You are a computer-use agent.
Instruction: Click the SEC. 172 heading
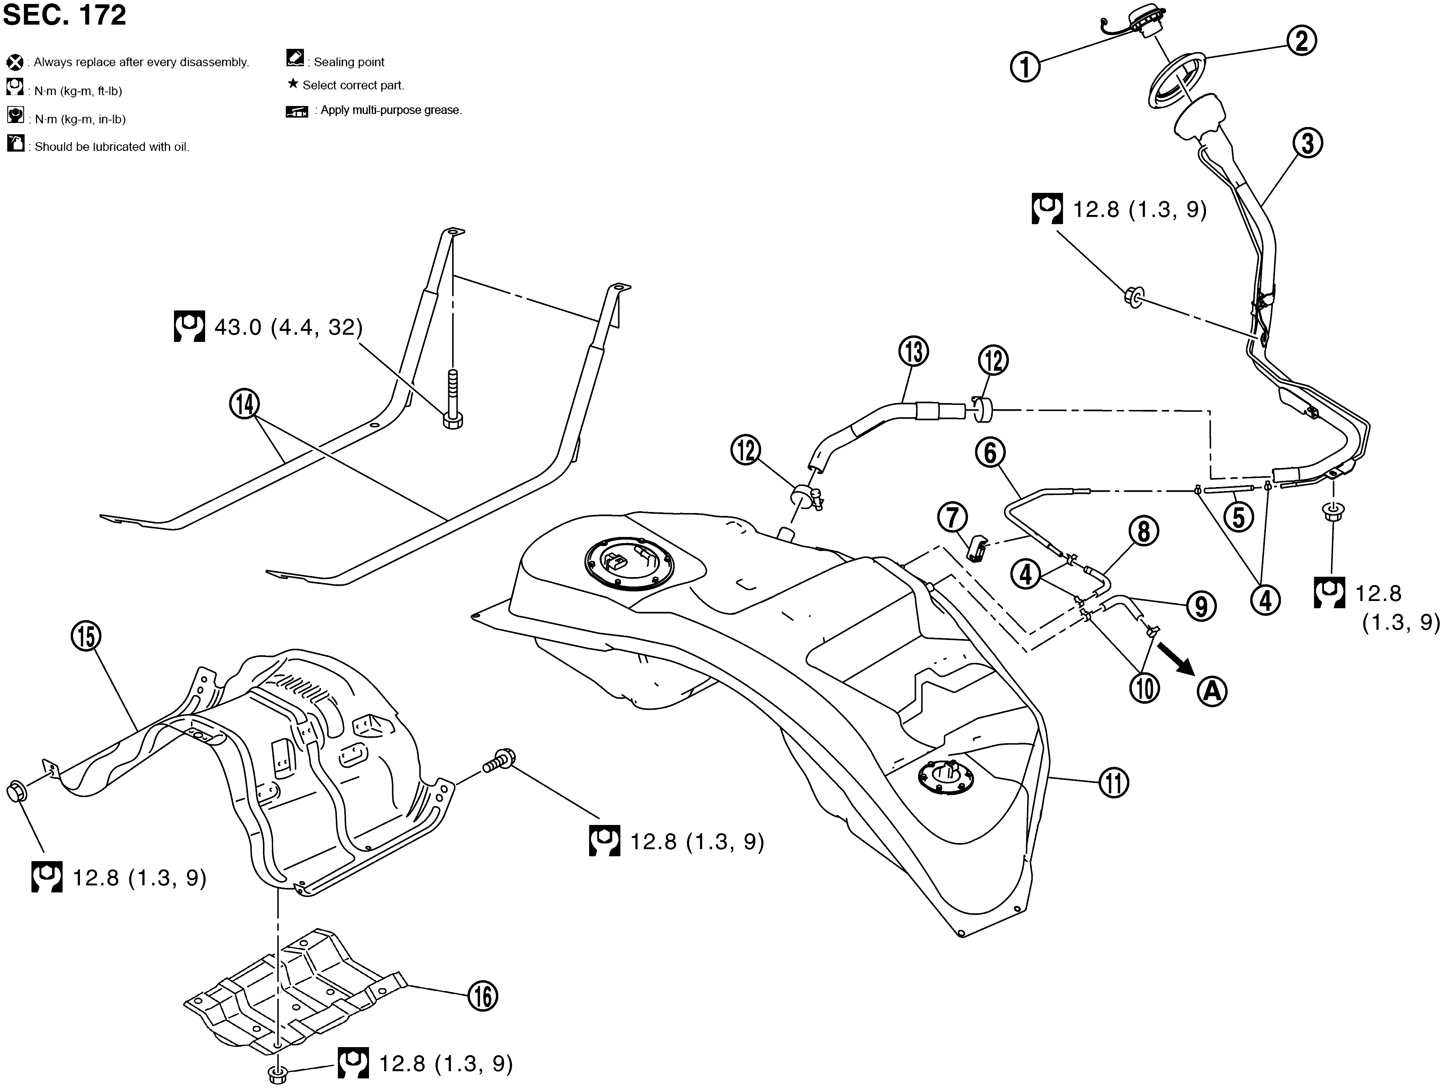pos(65,14)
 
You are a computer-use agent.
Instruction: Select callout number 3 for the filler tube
pos(1307,143)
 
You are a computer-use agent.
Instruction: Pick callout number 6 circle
pos(990,452)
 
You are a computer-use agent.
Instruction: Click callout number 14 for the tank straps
pos(244,405)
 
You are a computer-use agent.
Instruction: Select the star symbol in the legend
pos(293,84)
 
